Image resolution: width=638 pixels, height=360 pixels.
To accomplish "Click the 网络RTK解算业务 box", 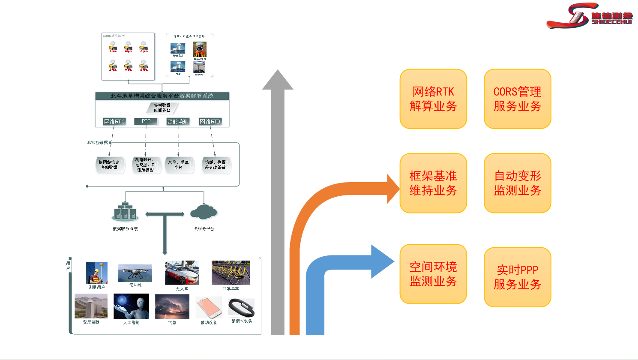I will (x=433, y=99).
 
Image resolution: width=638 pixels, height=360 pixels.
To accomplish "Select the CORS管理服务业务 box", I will (x=517, y=99).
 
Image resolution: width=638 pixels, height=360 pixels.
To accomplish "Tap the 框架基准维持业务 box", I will (x=433, y=183).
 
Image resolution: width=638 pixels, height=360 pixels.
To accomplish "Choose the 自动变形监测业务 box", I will (x=517, y=183).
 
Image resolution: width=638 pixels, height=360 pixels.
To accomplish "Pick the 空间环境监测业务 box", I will (x=433, y=274).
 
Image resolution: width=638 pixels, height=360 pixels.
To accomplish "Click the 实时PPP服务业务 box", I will (x=517, y=277).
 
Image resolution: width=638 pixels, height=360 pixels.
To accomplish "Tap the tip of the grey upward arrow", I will (x=278, y=73).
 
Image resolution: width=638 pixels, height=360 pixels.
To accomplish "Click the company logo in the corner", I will (x=590, y=16).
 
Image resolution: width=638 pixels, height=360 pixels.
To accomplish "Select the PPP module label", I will (x=146, y=121).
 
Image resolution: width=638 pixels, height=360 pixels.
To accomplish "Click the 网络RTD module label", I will (x=210, y=122).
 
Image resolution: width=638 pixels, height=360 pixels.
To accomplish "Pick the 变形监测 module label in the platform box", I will (x=178, y=122).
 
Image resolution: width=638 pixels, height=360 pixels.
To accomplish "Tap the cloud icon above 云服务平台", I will (x=204, y=212).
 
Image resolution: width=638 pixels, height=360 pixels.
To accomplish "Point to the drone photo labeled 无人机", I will (x=135, y=273).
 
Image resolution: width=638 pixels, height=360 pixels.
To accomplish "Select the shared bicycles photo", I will (x=231, y=273).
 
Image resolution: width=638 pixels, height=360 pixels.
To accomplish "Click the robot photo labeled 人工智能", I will (x=131, y=306).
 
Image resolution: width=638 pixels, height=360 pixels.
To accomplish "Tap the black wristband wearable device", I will (x=241, y=308).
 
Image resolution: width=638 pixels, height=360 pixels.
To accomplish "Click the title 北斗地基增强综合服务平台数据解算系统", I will (x=162, y=96).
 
